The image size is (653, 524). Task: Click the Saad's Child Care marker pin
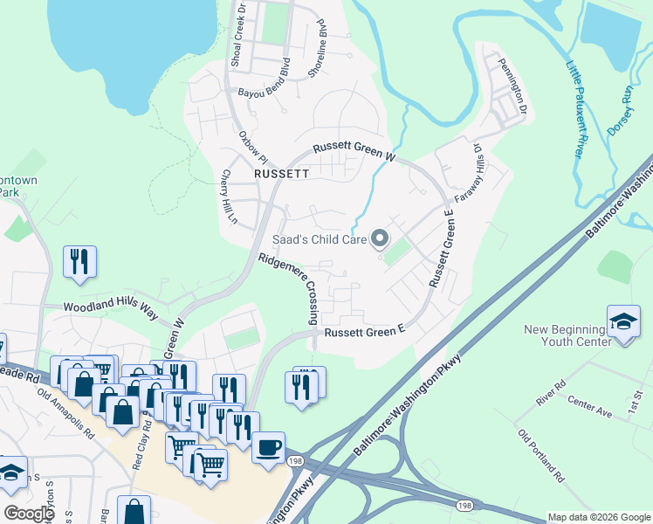click(380, 238)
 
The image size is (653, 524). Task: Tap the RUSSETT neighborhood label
click(281, 174)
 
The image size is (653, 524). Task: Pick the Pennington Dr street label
click(513, 86)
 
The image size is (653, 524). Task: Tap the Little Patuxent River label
click(573, 108)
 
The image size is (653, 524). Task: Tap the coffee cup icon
click(268, 446)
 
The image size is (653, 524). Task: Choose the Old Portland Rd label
click(540, 458)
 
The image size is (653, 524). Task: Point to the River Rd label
click(553, 391)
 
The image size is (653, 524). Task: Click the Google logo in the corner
click(29, 513)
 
